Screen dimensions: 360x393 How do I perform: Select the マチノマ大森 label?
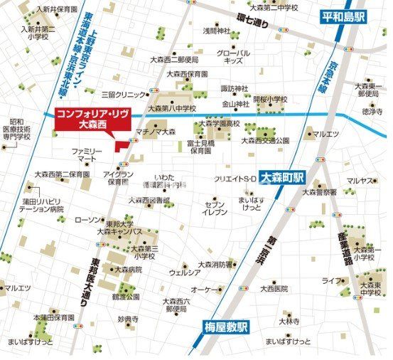click(156, 132)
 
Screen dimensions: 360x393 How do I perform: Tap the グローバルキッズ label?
click(234, 57)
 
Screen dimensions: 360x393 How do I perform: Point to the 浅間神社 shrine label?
click(217, 31)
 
